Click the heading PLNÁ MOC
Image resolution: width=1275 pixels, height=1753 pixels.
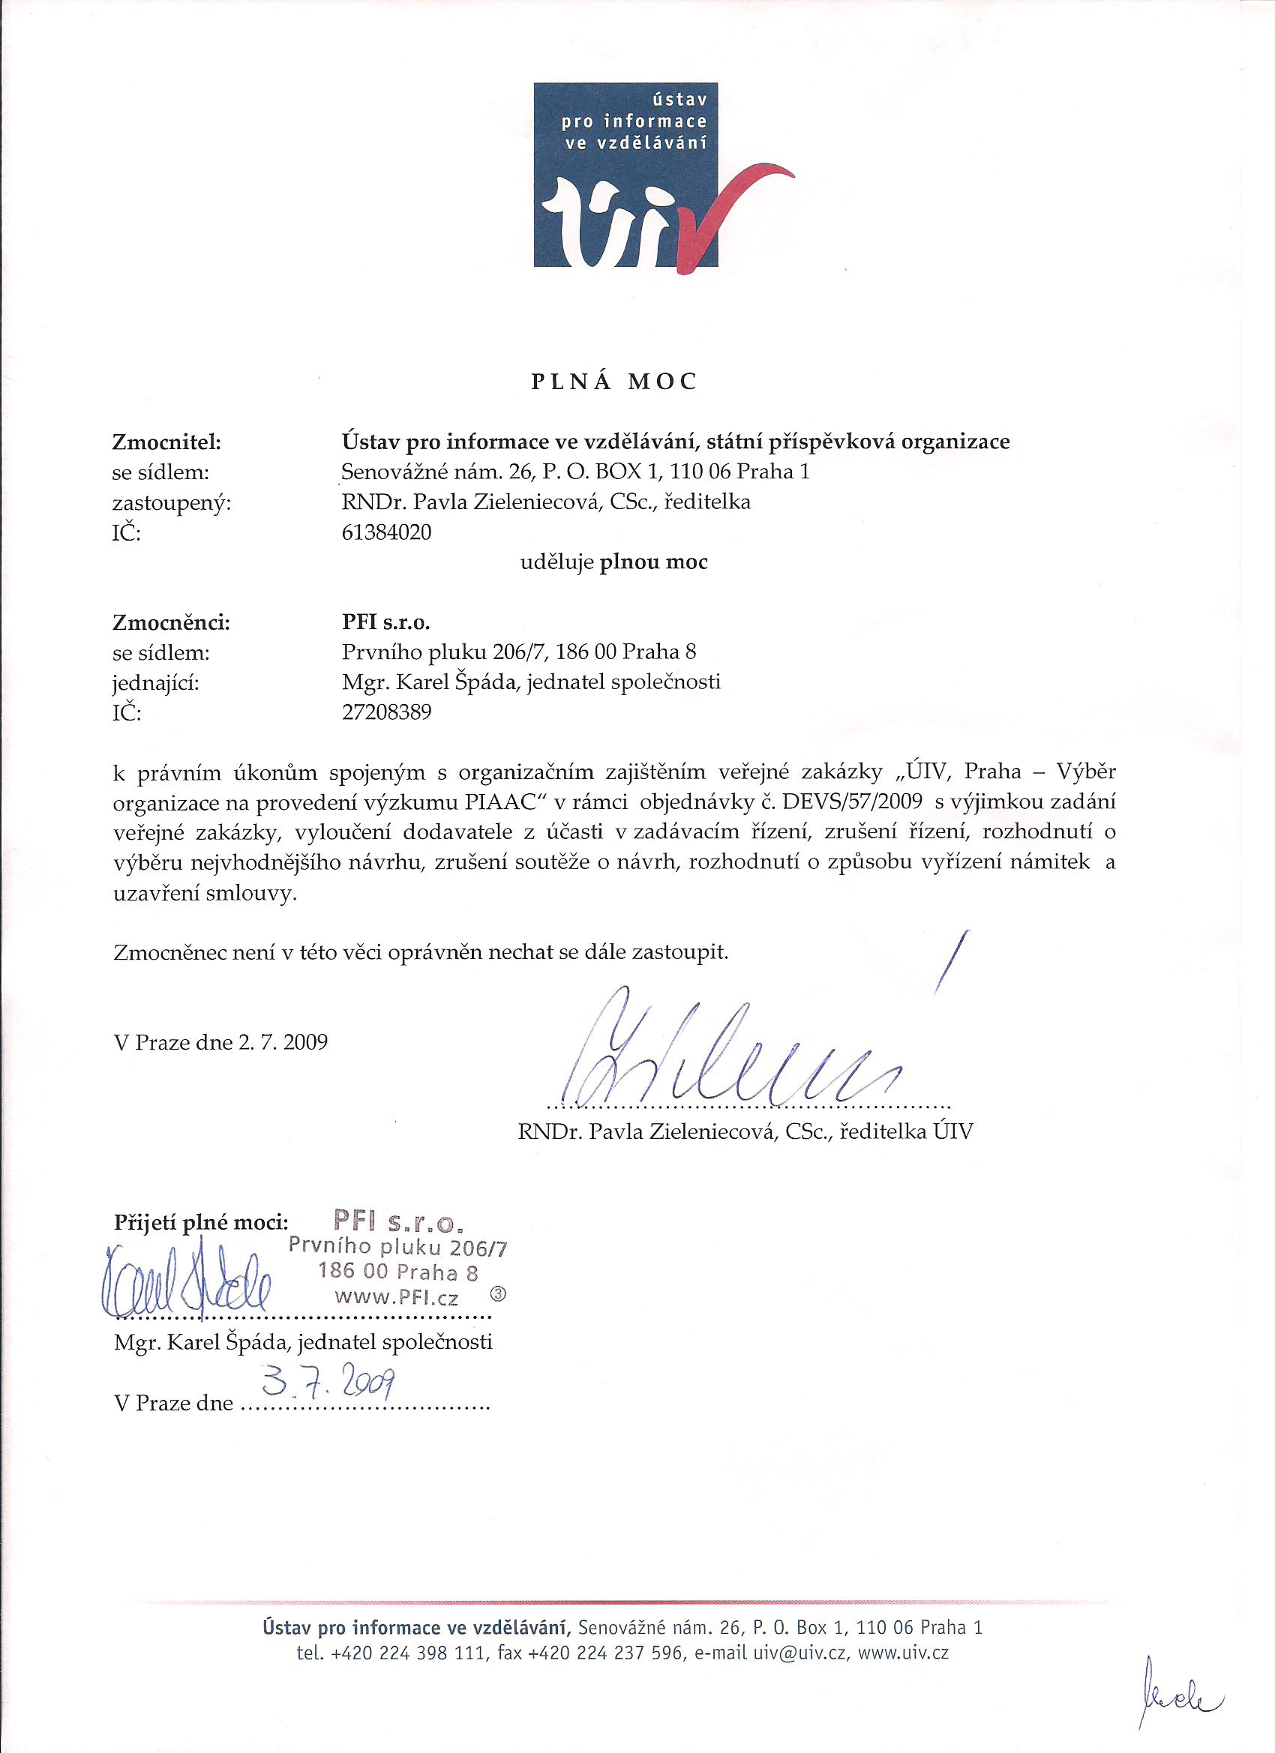tap(614, 382)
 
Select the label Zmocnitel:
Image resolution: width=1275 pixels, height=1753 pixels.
tap(167, 442)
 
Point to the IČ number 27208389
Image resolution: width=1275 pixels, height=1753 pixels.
tap(385, 712)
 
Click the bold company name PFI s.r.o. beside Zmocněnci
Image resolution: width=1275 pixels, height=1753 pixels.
tap(384, 622)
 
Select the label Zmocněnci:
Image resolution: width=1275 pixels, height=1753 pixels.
tap(172, 622)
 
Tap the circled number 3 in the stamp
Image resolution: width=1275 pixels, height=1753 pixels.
tap(498, 1292)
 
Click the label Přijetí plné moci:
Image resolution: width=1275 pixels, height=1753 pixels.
tap(201, 1222)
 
